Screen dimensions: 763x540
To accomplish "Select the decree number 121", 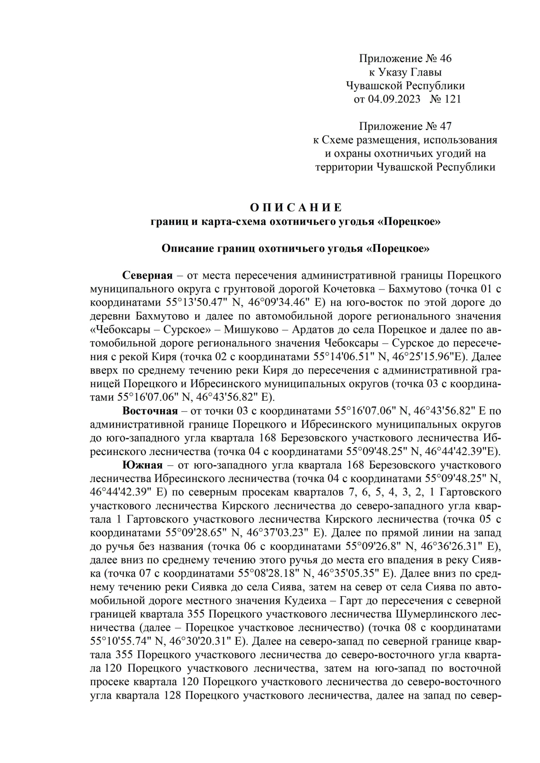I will [x=452, y=99].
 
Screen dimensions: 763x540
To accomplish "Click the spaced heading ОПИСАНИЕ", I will [x=296, y=208].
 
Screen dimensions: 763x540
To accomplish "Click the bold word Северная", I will [x=148, y=276].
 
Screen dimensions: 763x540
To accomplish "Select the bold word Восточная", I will [x=150, y=411].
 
